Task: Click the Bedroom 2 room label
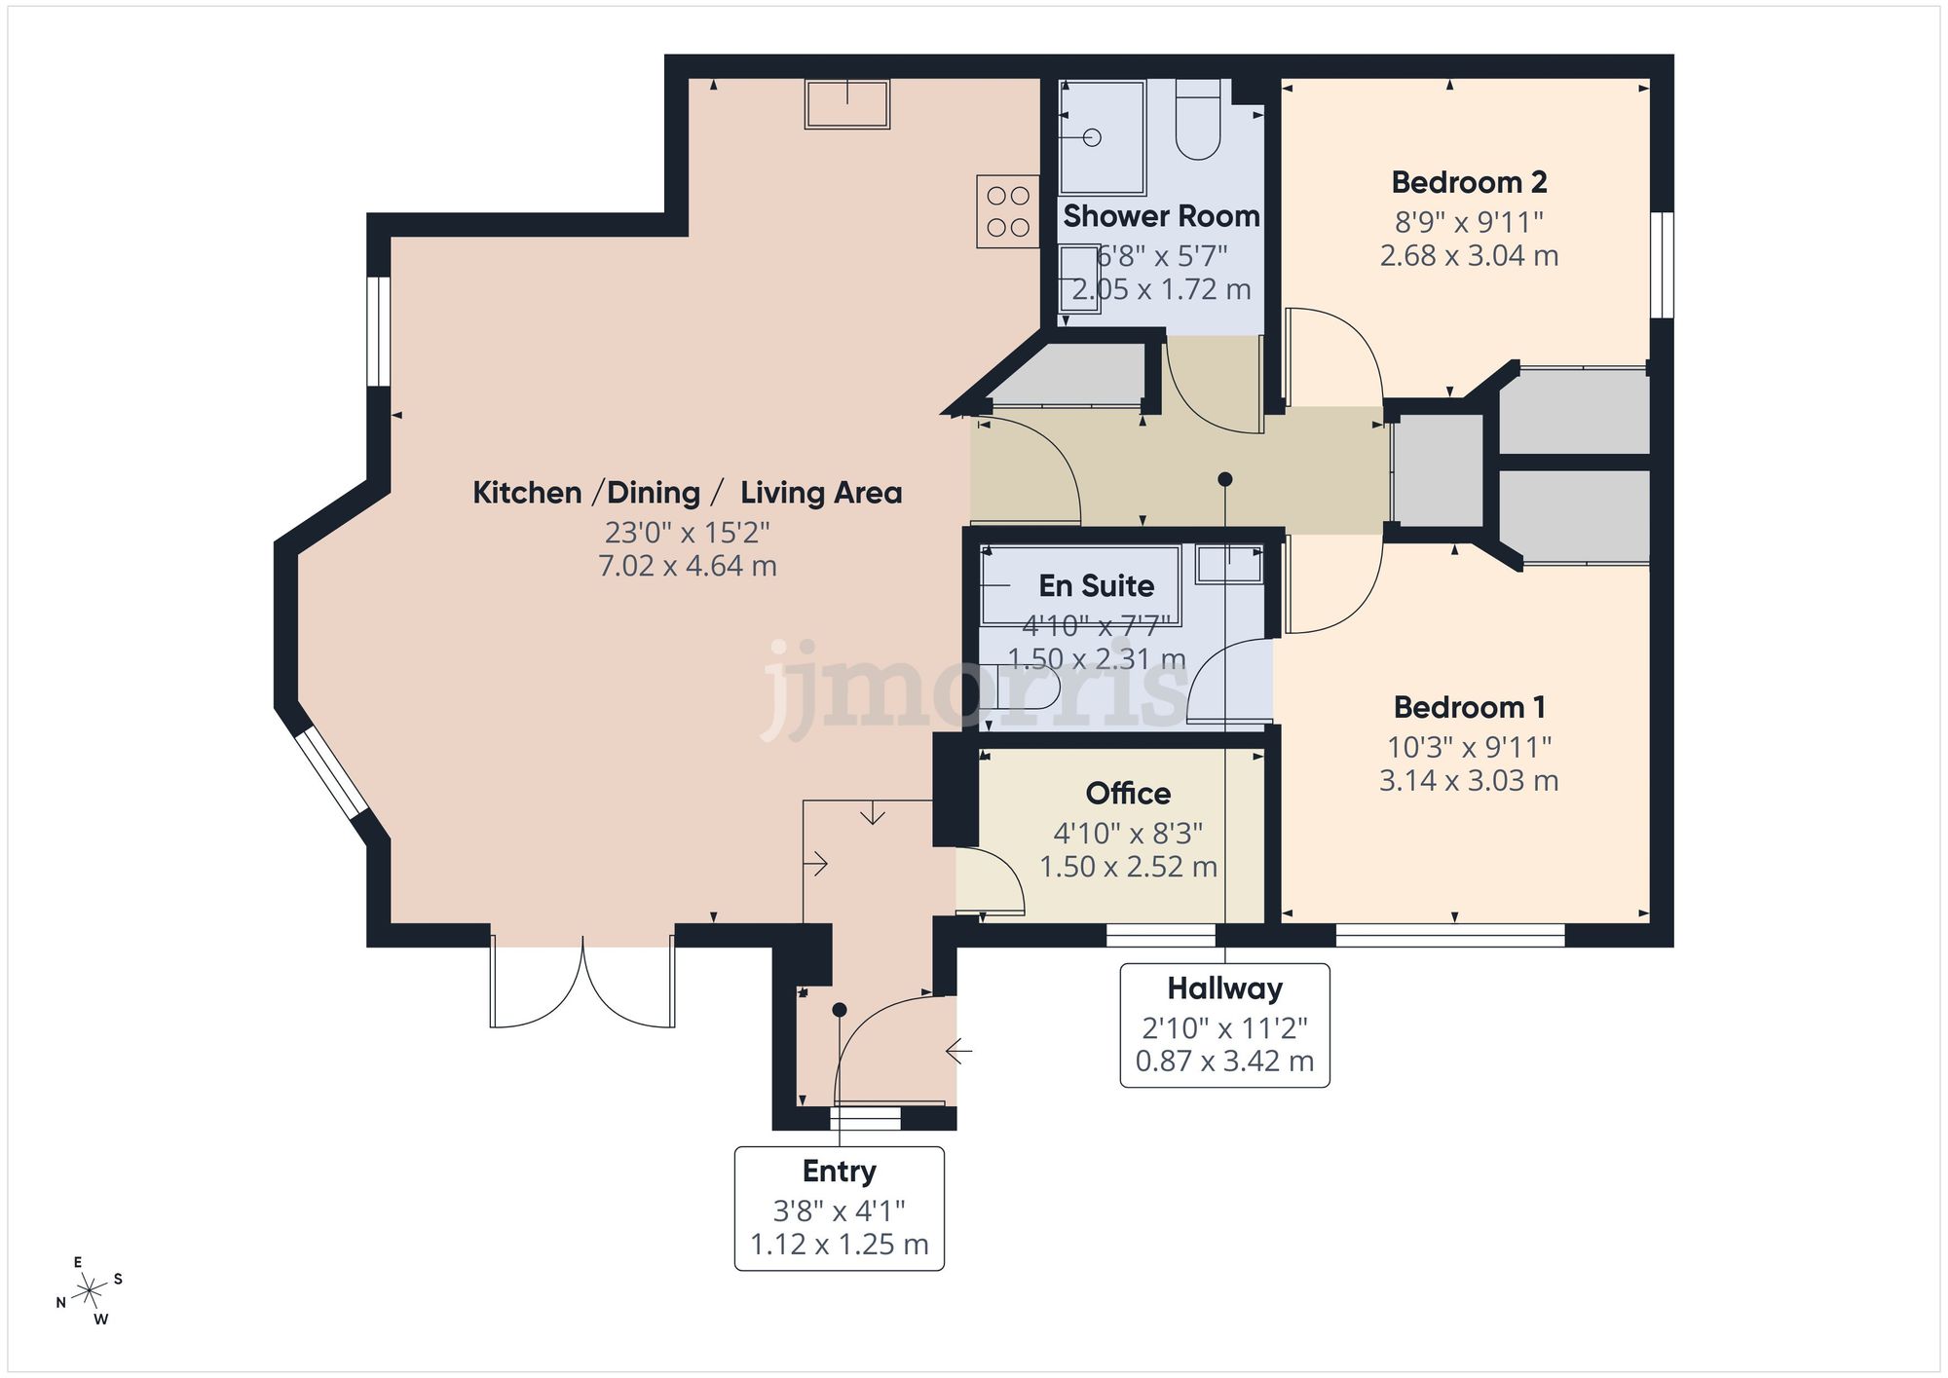tap(1469, 182)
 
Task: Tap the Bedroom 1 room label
tap(1469, 707)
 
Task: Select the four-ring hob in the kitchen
tap(1008, 211)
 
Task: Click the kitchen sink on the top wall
tap(846, 104)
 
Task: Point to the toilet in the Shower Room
tap(1197, 122)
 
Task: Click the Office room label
tap(1128, 794)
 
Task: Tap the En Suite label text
tap(1096, 586)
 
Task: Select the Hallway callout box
tap(1224, 1024)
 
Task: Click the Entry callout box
tap(839, 1208)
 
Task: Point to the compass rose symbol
tap(90, 1292)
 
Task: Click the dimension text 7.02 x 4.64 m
tap(688, 566)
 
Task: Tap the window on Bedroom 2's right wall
tap(1662, 265)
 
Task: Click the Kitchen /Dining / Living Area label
tap(688, 493)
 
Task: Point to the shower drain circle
tap(1092, 138)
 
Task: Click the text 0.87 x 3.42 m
tap(1224, 1061)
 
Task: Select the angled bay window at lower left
tap(331, 773)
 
